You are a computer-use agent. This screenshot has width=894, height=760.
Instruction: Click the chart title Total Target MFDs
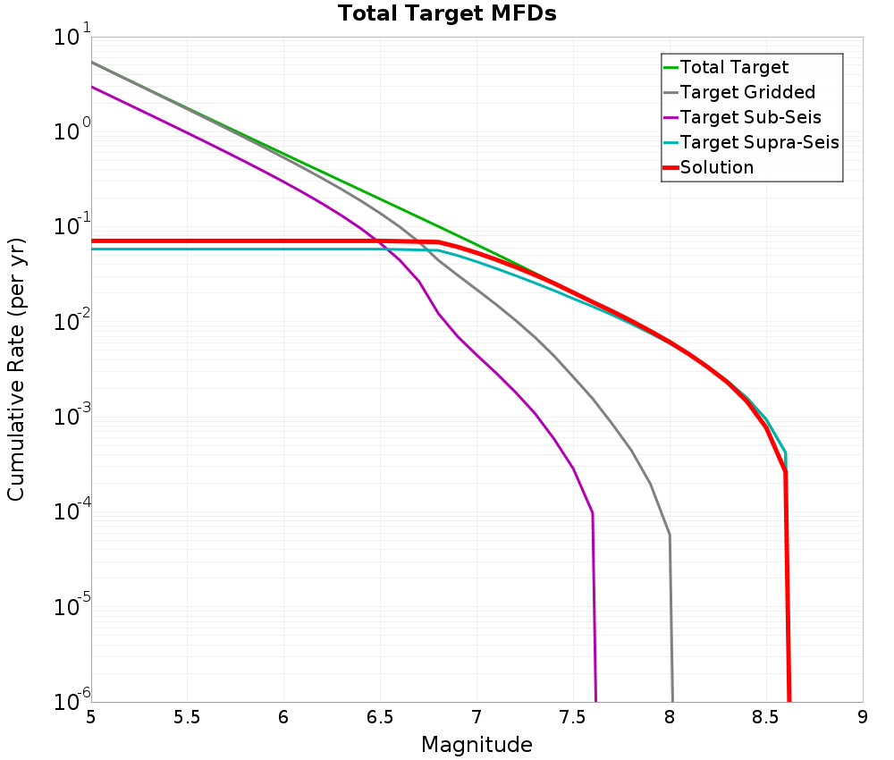point(447,14)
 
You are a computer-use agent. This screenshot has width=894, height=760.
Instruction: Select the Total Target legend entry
point(734,67)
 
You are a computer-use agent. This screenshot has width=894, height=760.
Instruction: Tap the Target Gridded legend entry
point(747,92)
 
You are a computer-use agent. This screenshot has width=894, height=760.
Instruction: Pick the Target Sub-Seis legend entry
point(750,117)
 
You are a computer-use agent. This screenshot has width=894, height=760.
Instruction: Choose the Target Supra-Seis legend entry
point(759,142)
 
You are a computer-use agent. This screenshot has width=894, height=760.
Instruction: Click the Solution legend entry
point(717,167)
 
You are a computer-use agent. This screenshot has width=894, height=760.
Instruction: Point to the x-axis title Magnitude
point(477,745)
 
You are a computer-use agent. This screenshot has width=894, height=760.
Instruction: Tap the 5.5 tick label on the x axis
point(187,717)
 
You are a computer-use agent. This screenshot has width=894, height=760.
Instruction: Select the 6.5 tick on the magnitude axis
point(380,717)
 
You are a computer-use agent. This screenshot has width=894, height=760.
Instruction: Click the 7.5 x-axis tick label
point(573,717)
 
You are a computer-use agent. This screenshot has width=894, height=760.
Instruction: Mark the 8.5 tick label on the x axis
point(766,717)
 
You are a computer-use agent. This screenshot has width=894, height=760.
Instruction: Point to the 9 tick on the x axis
point(863,717)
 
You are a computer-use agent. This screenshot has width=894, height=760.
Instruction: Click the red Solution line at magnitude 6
point(284,241)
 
